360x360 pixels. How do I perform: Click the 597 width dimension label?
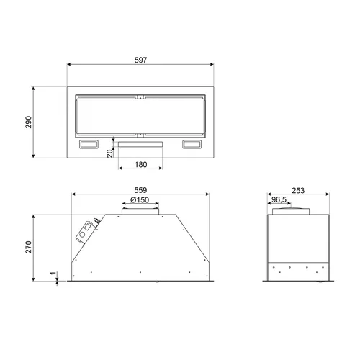140,60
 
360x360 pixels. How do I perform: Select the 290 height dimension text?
29,122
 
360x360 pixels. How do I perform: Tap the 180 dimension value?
141,165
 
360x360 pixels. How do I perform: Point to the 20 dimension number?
109,153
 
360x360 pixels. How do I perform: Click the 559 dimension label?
140,190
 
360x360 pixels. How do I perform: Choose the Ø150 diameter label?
140,199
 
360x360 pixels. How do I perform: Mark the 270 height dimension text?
29,247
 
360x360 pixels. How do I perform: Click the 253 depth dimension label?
298,190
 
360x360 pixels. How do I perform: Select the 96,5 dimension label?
279,199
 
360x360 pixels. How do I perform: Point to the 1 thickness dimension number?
53,273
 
